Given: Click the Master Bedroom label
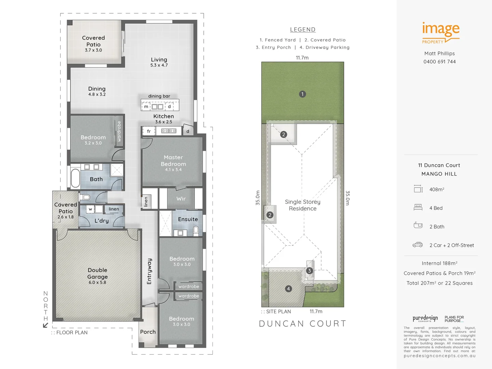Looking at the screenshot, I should (x=173, y=161).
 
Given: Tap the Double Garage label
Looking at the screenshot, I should (x=97, y=274).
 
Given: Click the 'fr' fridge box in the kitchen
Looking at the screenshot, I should (x=149, y=131).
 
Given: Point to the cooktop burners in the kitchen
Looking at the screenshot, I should (x=169, y=131).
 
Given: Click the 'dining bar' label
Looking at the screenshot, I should (x=159, y=96).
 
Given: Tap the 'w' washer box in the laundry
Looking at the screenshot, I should (x=90, y=209).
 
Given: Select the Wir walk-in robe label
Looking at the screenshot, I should (x=181, y=199).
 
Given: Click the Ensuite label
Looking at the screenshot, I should (x=188, y=219).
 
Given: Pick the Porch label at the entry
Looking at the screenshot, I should (x=148, y=332).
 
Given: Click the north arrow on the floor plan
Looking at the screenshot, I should (x=45, y=325).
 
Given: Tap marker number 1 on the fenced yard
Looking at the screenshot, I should (x=302, y=94).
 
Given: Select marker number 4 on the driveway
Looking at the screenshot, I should (x=288, y=289).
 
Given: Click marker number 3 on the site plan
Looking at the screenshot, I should (x=309, y=271).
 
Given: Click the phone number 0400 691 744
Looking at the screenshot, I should (x=439, y=62).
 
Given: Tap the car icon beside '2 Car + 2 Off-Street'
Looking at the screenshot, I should (x=418, y=245).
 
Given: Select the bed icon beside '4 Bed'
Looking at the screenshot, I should (x=418, y=207).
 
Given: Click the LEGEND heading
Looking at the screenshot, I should (x=303, y=30).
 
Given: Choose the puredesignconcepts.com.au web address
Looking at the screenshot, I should (x=439, y=356).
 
